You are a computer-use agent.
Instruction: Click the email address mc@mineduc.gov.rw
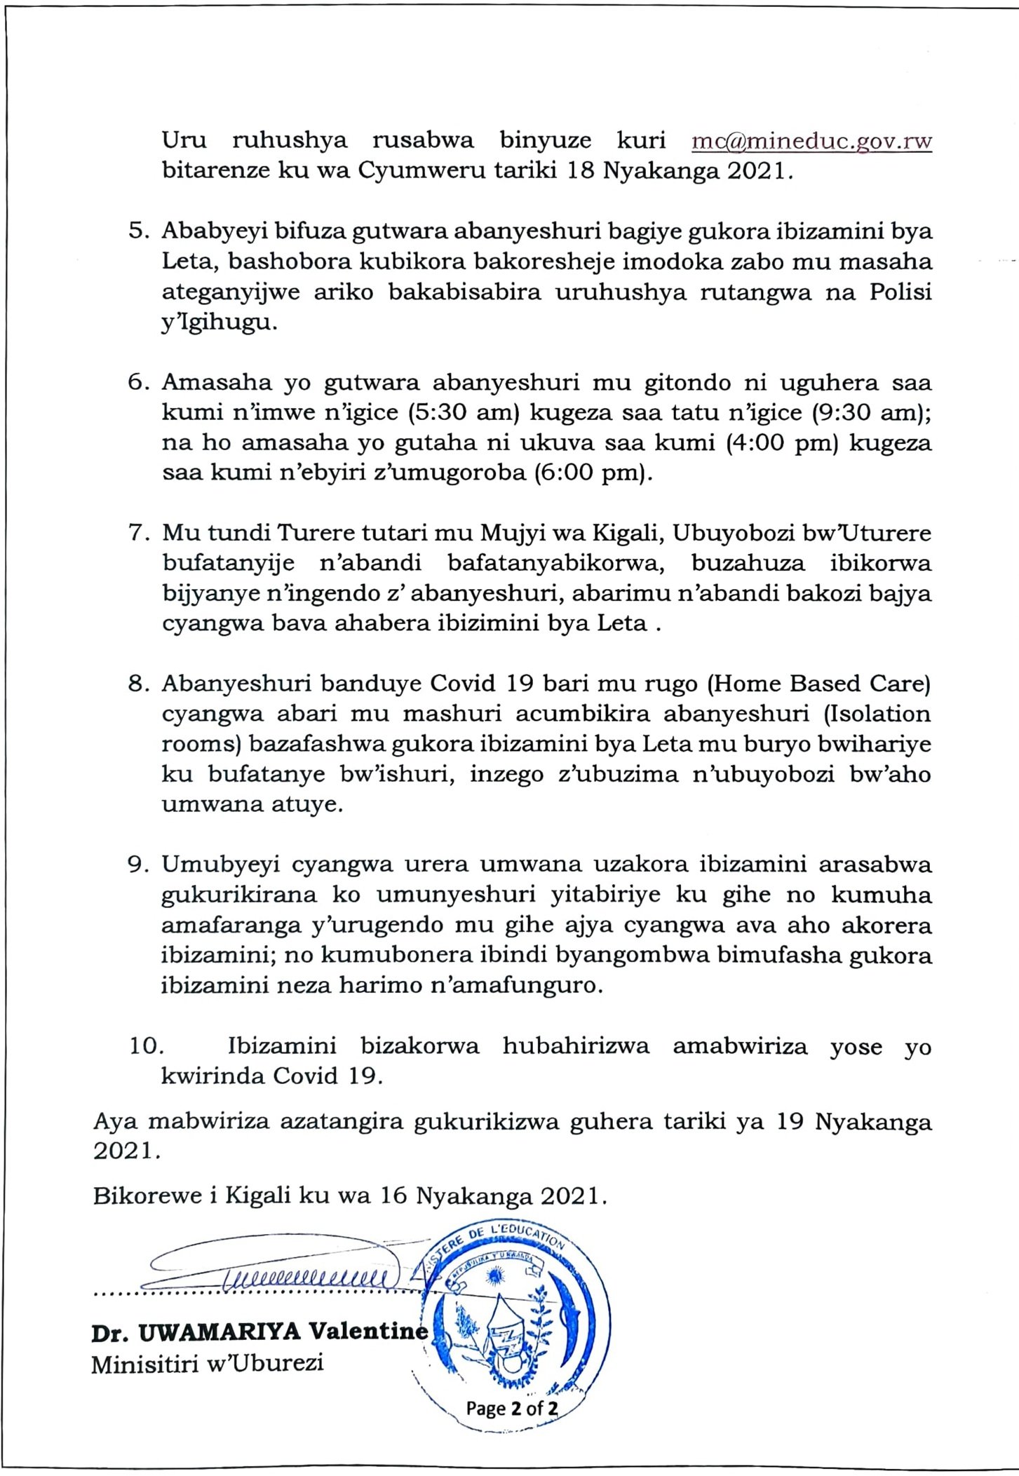(x=811, y=141)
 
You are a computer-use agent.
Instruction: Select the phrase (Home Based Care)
(x=818, y=684)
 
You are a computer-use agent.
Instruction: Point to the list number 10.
(x=146, y=1045)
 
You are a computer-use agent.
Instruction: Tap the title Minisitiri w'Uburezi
(x=208, y=1364)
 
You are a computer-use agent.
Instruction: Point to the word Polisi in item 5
(x=900, y=292)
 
